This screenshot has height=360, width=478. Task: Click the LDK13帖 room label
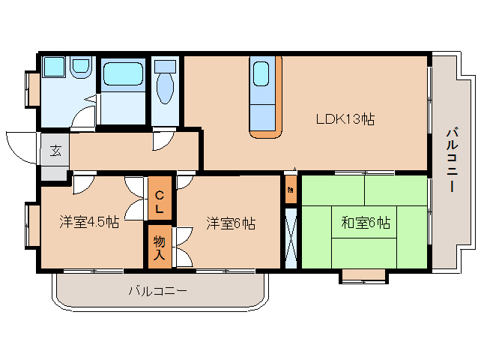coord(344,118)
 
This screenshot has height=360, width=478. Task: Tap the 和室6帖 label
coord(365,222)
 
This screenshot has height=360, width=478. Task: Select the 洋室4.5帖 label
coord(89,222)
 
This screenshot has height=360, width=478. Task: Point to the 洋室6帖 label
coord(231,223)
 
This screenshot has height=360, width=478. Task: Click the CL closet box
coord(159,198)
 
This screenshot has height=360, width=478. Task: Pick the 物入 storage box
coord(159,247)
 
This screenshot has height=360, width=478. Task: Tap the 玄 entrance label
coord(55,150)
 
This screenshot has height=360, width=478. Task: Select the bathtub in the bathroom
coord(123,74)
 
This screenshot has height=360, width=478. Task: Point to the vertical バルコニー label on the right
coord(451,160)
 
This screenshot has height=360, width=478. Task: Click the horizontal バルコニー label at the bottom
coord(157,289)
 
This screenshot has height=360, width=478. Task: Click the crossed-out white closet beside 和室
coord(291,236)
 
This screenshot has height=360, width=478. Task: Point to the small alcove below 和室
coord(364,275)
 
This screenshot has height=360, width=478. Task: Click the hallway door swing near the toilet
coord(163,140)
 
